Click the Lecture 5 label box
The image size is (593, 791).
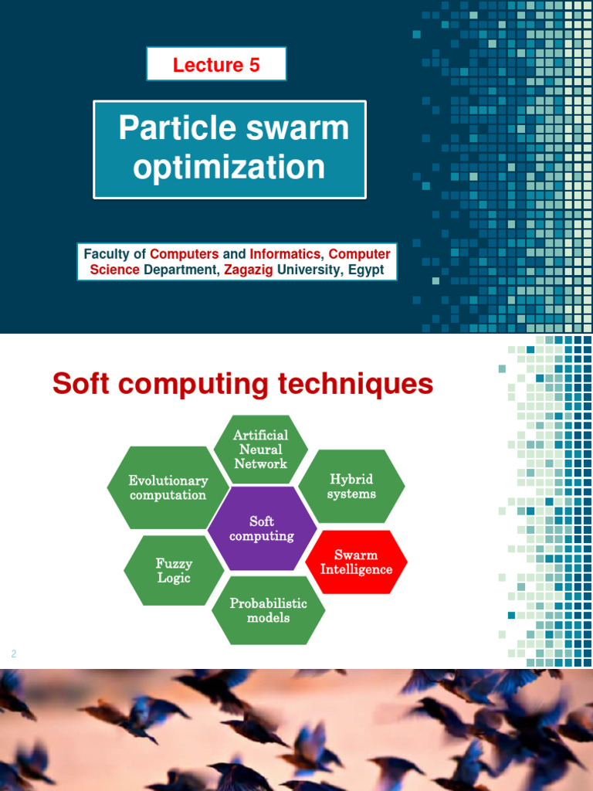[216, 65]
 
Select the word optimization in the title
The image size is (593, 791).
[229, 168]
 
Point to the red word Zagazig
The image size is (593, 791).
[249, 270]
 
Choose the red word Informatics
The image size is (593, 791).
[284, 253]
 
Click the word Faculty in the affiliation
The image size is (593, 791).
[107, 253]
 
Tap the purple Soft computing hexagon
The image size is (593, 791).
[263, 528]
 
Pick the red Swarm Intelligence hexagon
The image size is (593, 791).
[356, 562]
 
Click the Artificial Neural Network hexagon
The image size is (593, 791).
[261, 450]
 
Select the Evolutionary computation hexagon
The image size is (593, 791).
[168, 487]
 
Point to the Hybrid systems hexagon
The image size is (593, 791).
[351, 487]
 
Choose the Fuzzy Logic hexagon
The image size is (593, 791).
[174, 571]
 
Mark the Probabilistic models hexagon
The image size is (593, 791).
[268, 610]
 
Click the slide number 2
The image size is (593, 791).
[14, 654]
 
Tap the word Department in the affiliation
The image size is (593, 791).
[181, 270]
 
